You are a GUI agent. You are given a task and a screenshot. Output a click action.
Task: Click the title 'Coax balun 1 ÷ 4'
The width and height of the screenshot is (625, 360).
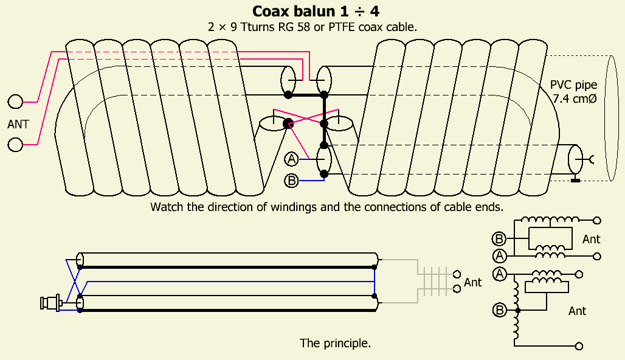pos(312,11)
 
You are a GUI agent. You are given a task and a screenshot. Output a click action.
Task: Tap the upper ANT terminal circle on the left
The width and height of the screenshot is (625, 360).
pos(15,101)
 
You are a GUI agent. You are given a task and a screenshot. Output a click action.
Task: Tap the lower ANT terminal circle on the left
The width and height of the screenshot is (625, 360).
pos(15,145)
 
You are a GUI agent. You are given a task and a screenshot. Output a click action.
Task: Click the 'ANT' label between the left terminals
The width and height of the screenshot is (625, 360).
pos(18,125)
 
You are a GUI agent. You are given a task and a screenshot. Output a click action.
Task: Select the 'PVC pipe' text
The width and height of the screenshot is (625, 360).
pos(573,85)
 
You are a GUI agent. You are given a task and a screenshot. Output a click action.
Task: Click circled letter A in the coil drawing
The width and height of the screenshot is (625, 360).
pos(292,159)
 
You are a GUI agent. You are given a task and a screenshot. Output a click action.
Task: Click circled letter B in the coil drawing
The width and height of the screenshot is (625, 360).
pos(292,180)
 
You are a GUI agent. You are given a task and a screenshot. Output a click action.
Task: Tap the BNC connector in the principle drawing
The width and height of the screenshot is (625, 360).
pos(50,302)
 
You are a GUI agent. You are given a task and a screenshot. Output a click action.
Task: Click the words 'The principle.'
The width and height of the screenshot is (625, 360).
pos(335,343)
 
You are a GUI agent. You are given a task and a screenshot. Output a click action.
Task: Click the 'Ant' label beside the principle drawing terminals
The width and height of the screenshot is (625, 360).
pos(472,282)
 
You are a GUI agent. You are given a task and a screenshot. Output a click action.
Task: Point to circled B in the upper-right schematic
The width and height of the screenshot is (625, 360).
pos(500,238)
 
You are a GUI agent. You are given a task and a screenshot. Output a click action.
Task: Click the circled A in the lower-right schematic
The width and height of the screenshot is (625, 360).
pos(500,274)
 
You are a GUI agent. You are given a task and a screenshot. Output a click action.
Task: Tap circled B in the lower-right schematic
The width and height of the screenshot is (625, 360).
pos(500,311)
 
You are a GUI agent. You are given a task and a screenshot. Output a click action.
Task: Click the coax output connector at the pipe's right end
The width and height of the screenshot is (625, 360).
pos(575,161)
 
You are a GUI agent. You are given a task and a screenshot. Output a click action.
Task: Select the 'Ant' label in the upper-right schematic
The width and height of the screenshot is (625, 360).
pos(591,239)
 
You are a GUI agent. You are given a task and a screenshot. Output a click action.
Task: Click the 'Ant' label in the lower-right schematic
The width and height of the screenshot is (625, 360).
pos(577,311)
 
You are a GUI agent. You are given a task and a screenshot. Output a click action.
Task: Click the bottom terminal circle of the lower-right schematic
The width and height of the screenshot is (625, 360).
pos(579,346)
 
